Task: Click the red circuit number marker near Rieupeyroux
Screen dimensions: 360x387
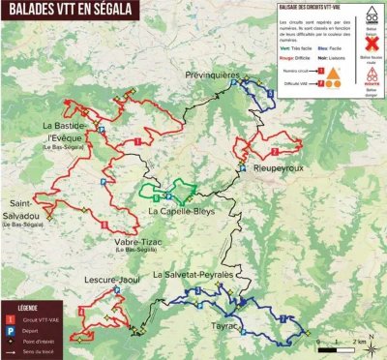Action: pyautogui.click(x=275, y=152)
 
